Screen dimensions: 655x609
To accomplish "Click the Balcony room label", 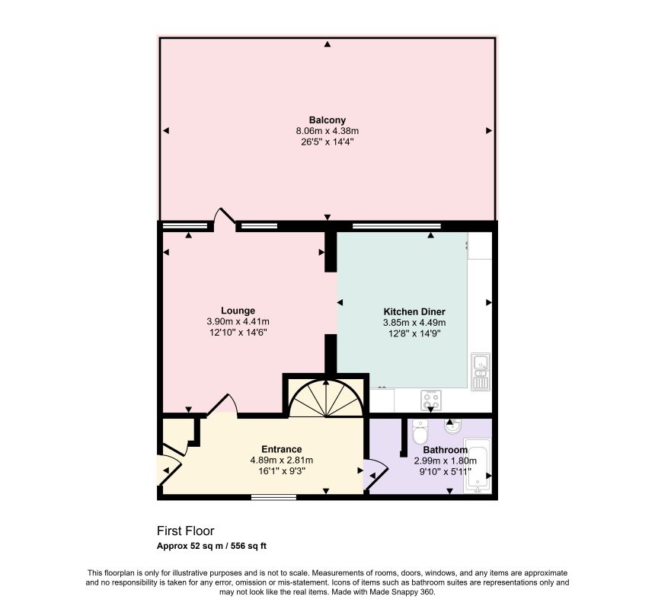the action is pyautogui.click(x=327, y=120).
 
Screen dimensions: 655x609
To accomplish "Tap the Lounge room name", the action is pyautogui.click(x=238, y=311).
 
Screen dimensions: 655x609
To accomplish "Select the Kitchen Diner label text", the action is pyautogui.click(x=414, y=312).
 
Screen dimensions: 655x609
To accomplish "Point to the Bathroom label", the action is pyautogui.click(x=445, y=450).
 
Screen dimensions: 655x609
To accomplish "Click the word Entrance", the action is pyautogui.click(x=282, y=449).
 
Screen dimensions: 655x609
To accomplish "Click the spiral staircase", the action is pyautogui.click(x=326, y=398).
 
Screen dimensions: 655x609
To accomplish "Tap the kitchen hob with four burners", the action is pyautogui.click(x=430, y=400).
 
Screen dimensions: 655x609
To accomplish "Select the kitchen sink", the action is pyautogui.click(x=481, y=371).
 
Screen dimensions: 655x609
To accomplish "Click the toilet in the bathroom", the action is pyautogui.click(x=419, y=432).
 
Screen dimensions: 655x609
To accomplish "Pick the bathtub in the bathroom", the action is pyautogui.click(x=478, y=465).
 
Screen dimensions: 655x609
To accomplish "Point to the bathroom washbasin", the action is pyautogui.click(x=452, y=426).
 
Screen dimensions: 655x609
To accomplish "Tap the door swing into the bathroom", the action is pyautogui.click(x=376, y=473).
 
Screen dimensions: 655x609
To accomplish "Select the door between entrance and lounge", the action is pyautogui.click(x=222, y=405).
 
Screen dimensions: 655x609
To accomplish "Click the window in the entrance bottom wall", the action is pyautogui.click(x=273, y=497).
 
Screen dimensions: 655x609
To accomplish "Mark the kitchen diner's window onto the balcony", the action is pyautogui.click(x=396, y=226).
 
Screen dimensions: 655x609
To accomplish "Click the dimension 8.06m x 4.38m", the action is pyautogui.click(x=327, y=131).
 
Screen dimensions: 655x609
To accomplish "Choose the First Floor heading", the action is pyautogui.click(x=186, y=531).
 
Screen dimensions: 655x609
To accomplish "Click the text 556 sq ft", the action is pyautogui.click(x=248, y=546).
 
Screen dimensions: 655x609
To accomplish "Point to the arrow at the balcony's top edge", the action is pyautogui.click(x=327, y=44).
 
